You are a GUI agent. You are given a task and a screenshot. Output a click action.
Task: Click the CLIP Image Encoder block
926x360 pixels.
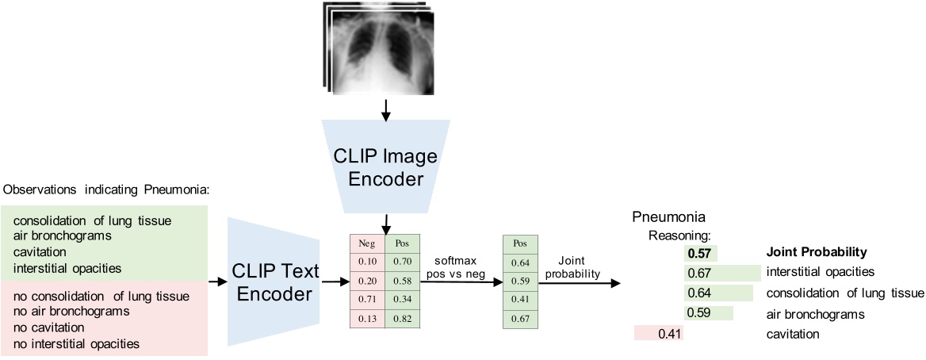[x=385, y=167]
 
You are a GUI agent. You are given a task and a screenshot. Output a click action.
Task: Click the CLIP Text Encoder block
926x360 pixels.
[x=273, y=282]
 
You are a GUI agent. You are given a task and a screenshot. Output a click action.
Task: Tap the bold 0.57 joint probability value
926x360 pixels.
[x=701, y=253]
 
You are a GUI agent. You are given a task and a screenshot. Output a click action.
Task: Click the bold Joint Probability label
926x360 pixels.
[x=816, y=253]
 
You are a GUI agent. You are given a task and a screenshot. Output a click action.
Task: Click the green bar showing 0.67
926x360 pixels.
[x=721, y=274]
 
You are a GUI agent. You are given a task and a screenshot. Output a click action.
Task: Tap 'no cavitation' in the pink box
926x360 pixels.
[x=38, y=328]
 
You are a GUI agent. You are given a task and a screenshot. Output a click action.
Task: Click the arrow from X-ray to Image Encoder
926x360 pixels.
[x=385, y=111]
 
